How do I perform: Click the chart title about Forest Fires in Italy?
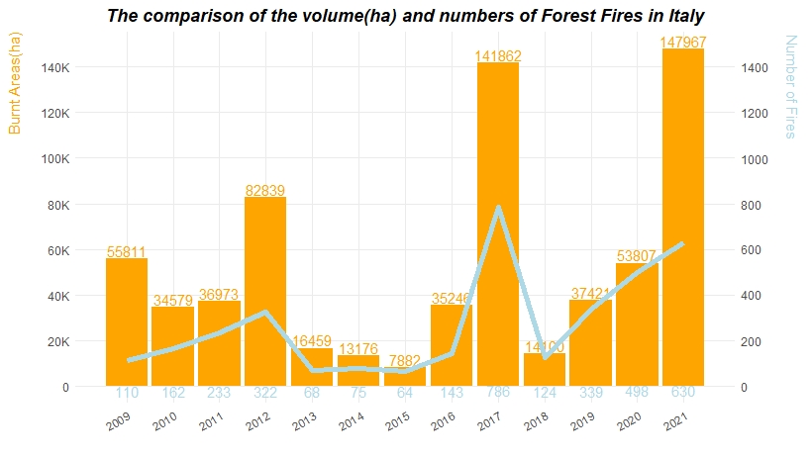tap(405, 17)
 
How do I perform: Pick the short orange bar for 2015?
tap(405, 377)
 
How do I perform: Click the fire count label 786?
tap(498, 393)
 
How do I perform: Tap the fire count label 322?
tap(265, 393)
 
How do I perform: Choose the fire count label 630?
tap(683, 393)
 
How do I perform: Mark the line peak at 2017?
tap(498, 208)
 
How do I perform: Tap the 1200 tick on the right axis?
tap(755, 113)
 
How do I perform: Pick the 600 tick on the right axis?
tap(752, 250)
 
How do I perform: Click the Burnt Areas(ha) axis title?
tap(14, 83)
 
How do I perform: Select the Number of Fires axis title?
tap(790, 87)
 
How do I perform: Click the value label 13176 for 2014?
tap(358, 348)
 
